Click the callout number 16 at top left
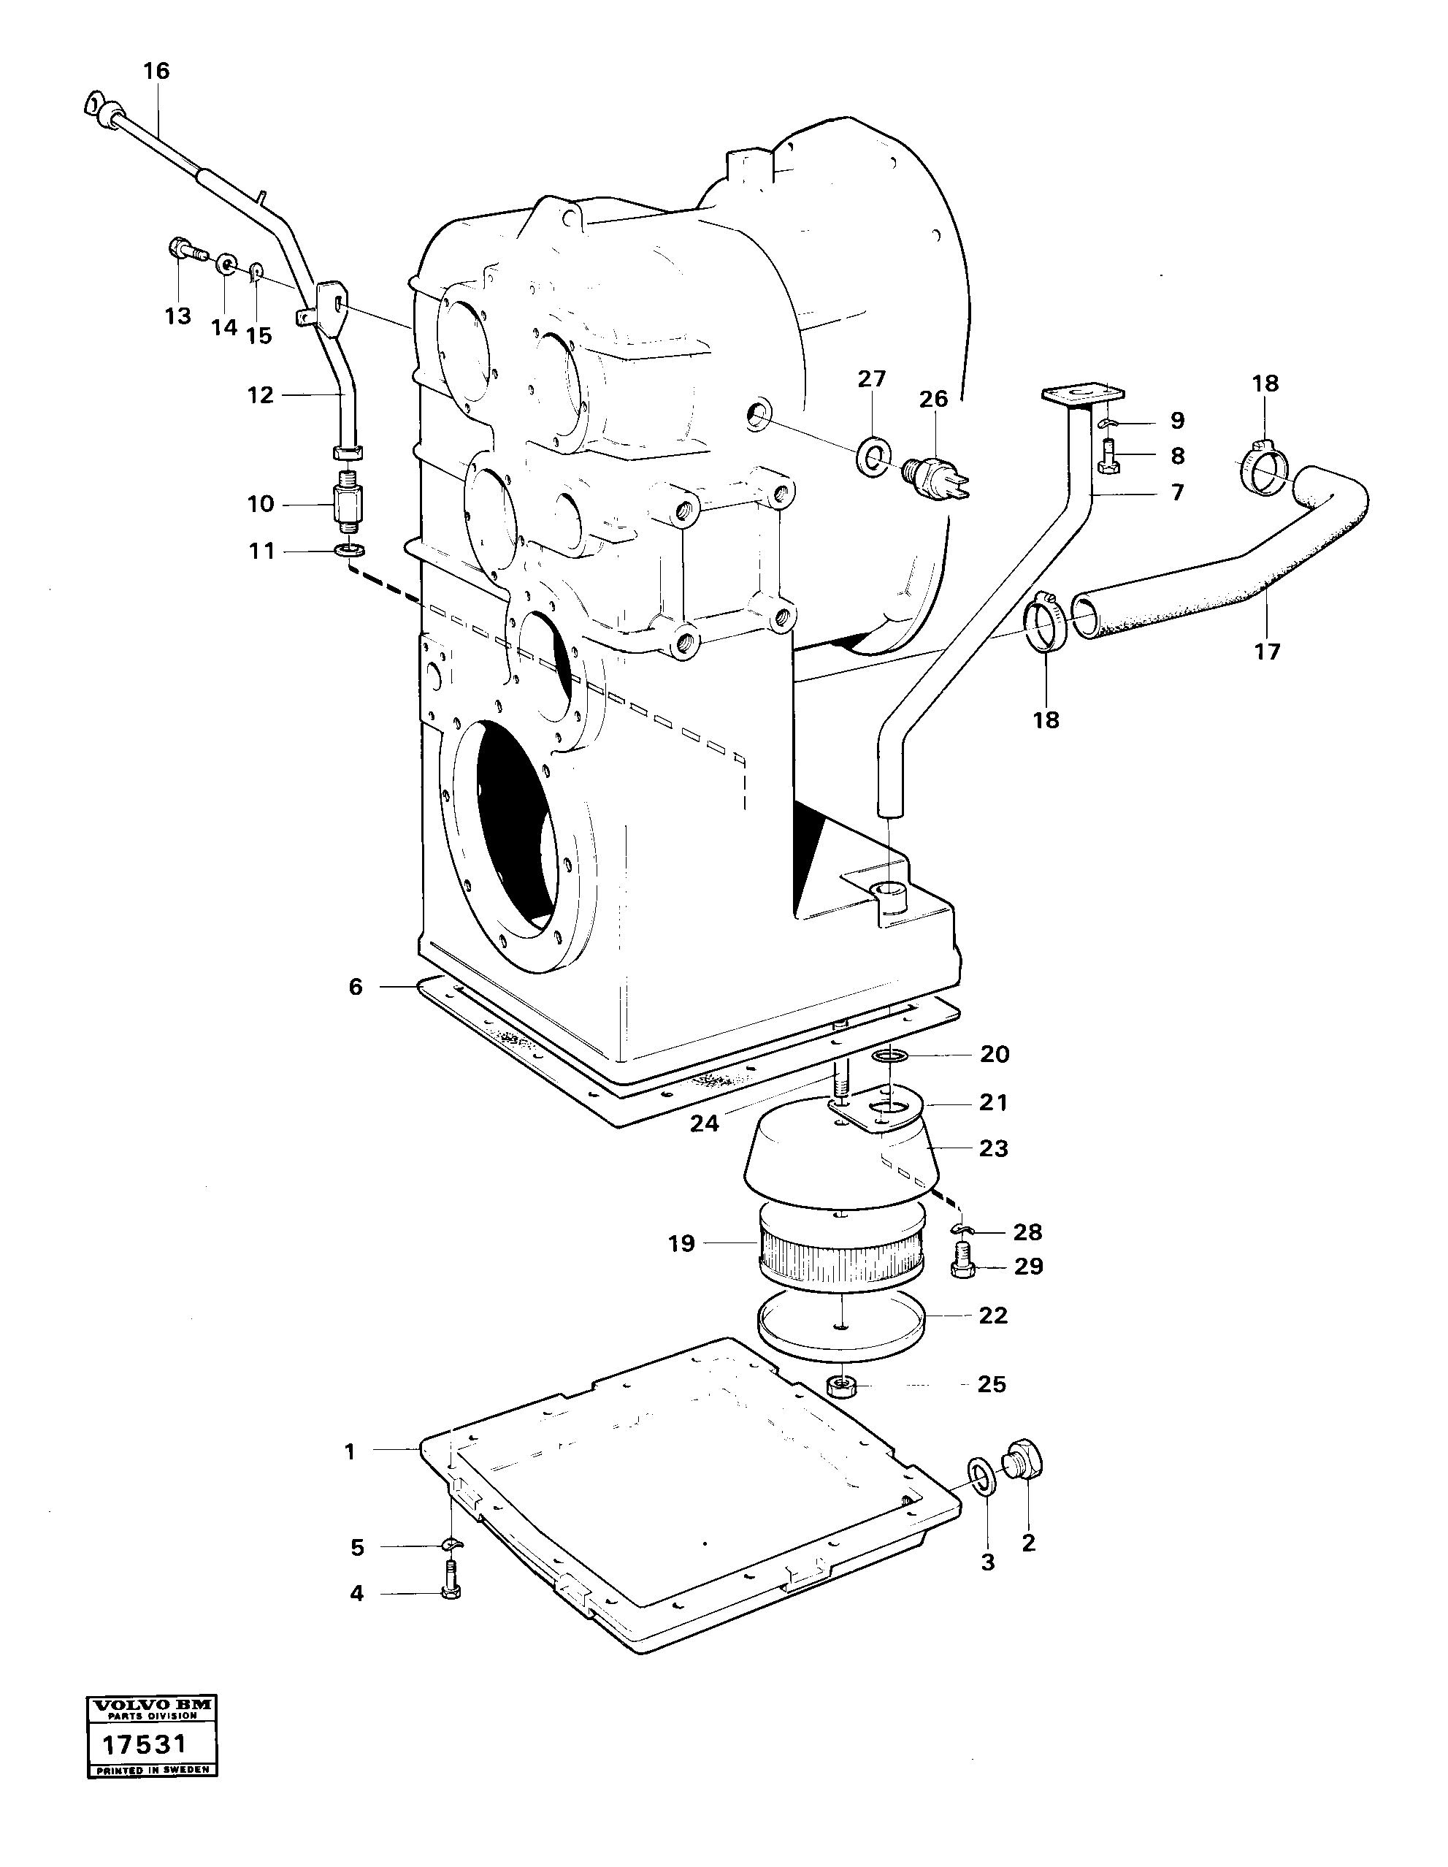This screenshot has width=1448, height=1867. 156,70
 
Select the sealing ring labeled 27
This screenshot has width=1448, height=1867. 872,458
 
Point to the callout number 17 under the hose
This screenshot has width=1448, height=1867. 1267,652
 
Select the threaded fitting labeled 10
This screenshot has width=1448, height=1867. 349,503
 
